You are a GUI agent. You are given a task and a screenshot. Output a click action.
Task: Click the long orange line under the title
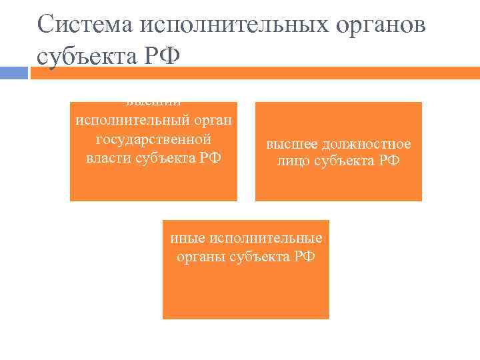click(253, 72)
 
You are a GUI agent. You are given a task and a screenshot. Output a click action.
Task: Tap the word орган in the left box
click(211, 121)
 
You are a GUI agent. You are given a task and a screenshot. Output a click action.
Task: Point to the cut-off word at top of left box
click(153, 103)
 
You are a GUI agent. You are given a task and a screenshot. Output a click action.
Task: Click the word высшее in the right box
click(289, 144)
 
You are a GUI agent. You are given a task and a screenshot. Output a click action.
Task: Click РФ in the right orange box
click(387, 161)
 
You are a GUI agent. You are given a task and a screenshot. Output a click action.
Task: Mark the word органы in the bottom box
click(197, 257)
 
